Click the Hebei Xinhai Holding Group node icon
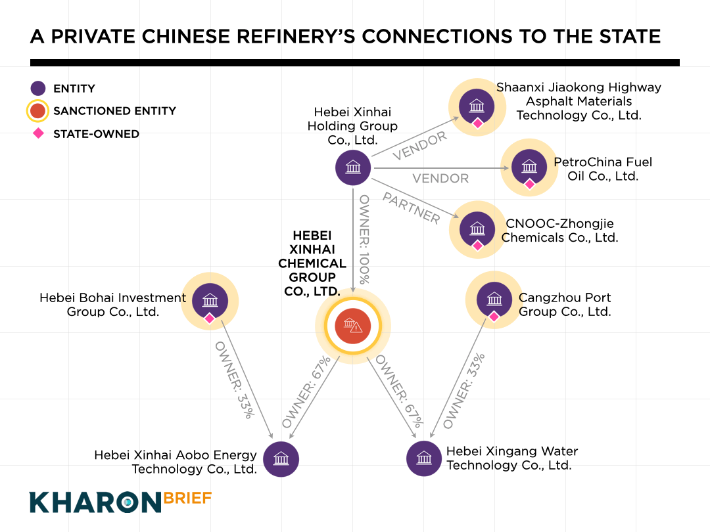coord(353,167)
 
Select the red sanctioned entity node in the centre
coord(353,326)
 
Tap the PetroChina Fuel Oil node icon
coord(529,167)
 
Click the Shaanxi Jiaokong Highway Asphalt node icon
coord(477,106)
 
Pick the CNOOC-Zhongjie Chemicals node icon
coord(477,229)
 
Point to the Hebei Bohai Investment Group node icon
coord(210,301)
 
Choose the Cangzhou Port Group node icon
coord(494,299)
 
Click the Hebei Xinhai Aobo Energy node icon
coord(281,458)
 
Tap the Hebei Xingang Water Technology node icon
coord(424,458)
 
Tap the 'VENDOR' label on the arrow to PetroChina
coord(440,179)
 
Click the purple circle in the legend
coord(38,89)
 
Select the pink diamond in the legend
coord(38,133)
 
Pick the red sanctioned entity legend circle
coord(38,111)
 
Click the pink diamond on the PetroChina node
coord(529,184)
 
